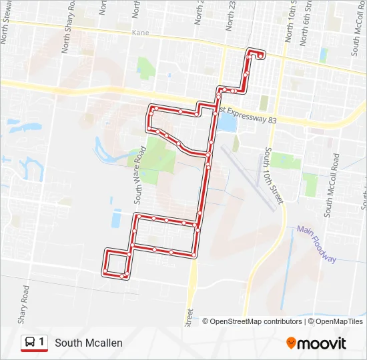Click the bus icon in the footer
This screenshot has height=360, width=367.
click(30, 343)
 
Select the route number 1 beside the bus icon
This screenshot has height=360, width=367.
click(41, 342)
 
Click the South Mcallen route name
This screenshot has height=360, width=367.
click(89, 343)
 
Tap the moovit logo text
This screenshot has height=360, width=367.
click(322, 343)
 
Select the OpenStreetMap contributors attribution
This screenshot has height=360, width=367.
click(252, 321)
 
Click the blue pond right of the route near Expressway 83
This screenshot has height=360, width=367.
click(226, 123)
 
